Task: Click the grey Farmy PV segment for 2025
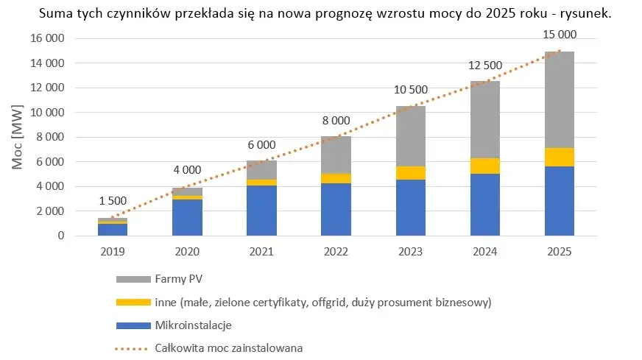coord(559,99)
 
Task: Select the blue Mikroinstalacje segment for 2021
coord(261,211)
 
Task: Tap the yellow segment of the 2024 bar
coord(484,166)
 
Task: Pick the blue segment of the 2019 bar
coord(113,230)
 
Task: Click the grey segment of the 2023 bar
coord(410,136)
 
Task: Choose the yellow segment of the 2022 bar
coord(336,178)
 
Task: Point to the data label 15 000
coord(559,34)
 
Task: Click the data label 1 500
coord(113,201)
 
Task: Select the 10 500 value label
coord(410,90)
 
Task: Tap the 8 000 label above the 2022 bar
coord(336,121)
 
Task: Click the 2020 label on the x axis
coord(187,251)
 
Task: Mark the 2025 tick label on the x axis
coord(559,251)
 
